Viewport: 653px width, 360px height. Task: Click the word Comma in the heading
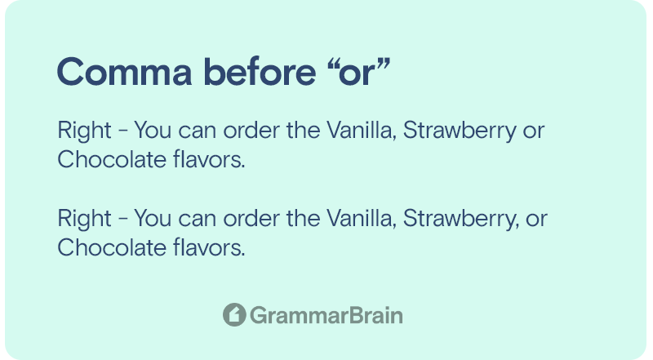[125, 72]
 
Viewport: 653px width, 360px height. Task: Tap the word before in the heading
[260, 71]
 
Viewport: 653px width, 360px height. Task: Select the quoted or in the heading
[358, 72]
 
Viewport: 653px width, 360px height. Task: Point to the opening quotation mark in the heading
[332, 64]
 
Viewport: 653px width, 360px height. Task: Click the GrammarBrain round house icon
[234, 314]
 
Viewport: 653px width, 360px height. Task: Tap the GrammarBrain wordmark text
[326, 315]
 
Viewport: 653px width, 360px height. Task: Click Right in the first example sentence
[85, 131]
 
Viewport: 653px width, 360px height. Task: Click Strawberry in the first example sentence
[460, 131]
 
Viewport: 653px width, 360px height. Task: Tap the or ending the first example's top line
[534, 132]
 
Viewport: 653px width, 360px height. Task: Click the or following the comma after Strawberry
[536, 220]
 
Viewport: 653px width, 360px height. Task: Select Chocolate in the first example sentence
[112, 159]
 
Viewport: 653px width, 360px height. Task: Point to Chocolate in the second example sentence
[112, 247]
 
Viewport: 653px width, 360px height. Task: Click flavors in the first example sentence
[209, 159]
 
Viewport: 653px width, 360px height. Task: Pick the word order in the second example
[251, 218]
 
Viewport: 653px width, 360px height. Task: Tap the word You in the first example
[153, 130]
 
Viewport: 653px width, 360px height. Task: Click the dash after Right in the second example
[123, 220]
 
